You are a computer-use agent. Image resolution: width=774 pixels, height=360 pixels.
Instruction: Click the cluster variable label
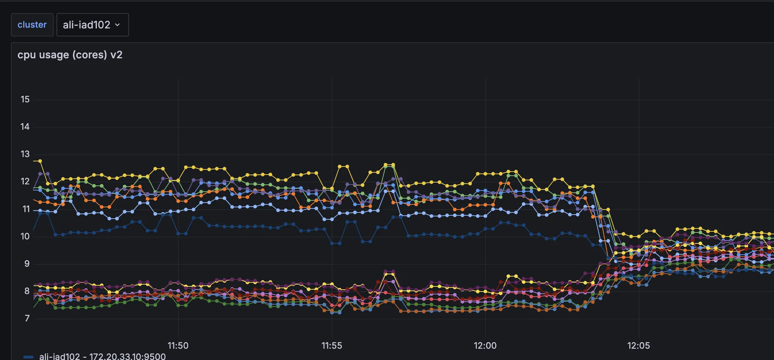pyautogui.click(x=32, y=25)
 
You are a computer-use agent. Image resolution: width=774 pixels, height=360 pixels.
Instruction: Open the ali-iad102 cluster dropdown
pyautogui.click(x=92, y=25)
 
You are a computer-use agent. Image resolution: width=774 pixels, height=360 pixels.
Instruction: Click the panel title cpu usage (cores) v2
pyautogui.click(x=70, y=55)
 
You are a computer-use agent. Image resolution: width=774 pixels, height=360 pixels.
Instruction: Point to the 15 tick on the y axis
pyautogui.click(x=25, y=99)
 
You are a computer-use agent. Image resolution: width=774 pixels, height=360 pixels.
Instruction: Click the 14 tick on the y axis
pyautogui.click(x=25, y=127)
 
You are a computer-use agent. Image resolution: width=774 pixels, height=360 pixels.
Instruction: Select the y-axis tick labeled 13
pyautogui.click(x=25, y=154)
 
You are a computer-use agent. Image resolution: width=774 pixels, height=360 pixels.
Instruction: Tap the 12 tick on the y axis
pyautogui.click(x=25, y=181)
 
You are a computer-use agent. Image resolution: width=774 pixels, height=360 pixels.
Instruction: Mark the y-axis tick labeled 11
pyautogui.click(x=26, y=209)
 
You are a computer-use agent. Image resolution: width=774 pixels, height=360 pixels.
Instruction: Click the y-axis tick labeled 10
pyautogui.click(x=25, y=236)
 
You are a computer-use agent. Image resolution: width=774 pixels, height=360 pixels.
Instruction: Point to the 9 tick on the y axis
pyautogui.click(x=27, y=264)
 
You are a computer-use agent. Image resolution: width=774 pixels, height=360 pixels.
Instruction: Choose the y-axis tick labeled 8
pyautogui.click(x=27, y=291)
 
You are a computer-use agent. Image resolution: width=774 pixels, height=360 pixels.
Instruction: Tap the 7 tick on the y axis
pyautogui.click(x=27, y=318)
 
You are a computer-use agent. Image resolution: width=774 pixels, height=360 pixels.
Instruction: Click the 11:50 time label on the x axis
pyautogui.click(x=178, y=345)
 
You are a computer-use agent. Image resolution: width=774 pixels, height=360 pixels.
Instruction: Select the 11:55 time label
pyautogui.click(x=332, y=345)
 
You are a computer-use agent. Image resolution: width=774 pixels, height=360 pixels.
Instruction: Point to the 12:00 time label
pyautogui.click(x=485, y=345)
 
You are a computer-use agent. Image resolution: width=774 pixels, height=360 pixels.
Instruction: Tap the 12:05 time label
pyautogui.click(x=638, y=345)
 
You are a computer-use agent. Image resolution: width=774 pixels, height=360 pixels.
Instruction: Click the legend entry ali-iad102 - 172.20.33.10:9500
pyautogui.click(x=102, y=356)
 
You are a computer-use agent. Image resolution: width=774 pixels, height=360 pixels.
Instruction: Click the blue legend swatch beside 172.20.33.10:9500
pyautogui.click(x=28, y=357)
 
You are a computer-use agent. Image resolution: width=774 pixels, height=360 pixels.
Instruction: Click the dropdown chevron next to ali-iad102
pyautogui.click(x=117, y=25)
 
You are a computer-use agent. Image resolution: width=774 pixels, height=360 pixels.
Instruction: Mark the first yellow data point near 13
pyautogui.click(x=40, y=161)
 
